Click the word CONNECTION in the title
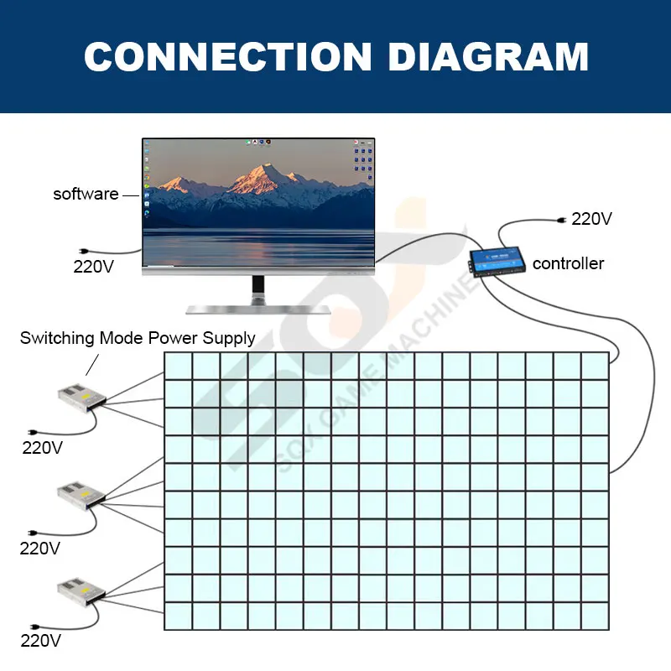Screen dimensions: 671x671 [x=226, y=57]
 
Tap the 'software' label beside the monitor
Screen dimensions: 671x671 [x=86, y=194]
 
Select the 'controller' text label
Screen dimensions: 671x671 [x=568, y=263]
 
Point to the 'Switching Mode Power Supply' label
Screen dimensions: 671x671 [x=138, y=339]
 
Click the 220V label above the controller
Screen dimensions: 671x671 [x=591, y=219]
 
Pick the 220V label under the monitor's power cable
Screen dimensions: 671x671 [x=93, y=267]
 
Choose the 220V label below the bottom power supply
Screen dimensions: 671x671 [x=41, y=642]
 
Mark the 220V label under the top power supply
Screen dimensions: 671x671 [x=41, y=448]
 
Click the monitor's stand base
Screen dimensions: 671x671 [x=258, y=308]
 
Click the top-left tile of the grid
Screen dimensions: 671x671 [x=178, y=366]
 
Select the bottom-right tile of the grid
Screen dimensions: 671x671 [x=594, y=616]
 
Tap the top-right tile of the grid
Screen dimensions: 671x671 [x=594, y=366]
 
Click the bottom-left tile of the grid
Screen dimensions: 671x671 [x=178, y=616]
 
